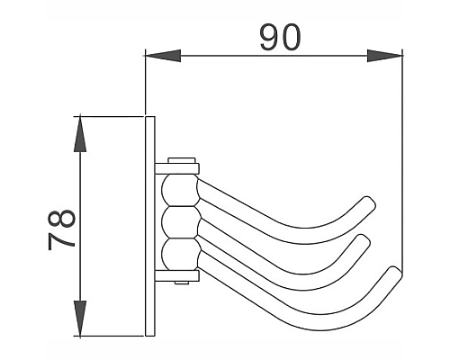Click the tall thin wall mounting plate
[149, 225]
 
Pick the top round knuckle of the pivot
[174, 191]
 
